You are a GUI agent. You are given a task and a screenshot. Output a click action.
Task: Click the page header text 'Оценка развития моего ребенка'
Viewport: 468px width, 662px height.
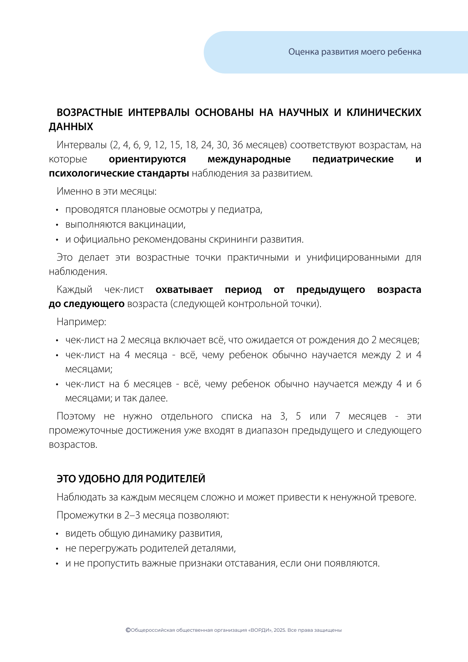355,52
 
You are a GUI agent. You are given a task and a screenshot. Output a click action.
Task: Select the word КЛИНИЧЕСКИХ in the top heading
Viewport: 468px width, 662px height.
383,112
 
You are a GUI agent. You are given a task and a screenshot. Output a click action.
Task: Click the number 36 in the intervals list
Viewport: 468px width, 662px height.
238,145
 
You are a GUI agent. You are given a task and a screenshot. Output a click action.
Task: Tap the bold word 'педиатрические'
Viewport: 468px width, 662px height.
353,159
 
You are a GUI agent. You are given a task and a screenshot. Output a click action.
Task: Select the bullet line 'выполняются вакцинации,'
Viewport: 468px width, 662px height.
125,224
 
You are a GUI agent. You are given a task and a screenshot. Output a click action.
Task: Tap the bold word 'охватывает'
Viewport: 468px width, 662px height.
184,290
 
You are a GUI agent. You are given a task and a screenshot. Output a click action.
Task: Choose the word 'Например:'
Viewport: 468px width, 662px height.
81,322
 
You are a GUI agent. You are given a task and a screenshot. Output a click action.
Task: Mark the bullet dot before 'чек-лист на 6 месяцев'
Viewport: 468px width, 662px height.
57,384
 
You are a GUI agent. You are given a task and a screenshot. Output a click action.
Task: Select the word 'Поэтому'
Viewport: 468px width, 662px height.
76,416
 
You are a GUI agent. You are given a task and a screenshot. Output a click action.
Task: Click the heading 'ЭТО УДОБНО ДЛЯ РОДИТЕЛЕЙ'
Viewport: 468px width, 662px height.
131,479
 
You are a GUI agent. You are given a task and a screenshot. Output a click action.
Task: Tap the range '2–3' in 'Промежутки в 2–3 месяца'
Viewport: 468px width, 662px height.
132,515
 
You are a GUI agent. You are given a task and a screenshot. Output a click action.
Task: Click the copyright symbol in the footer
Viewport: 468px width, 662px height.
128,630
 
